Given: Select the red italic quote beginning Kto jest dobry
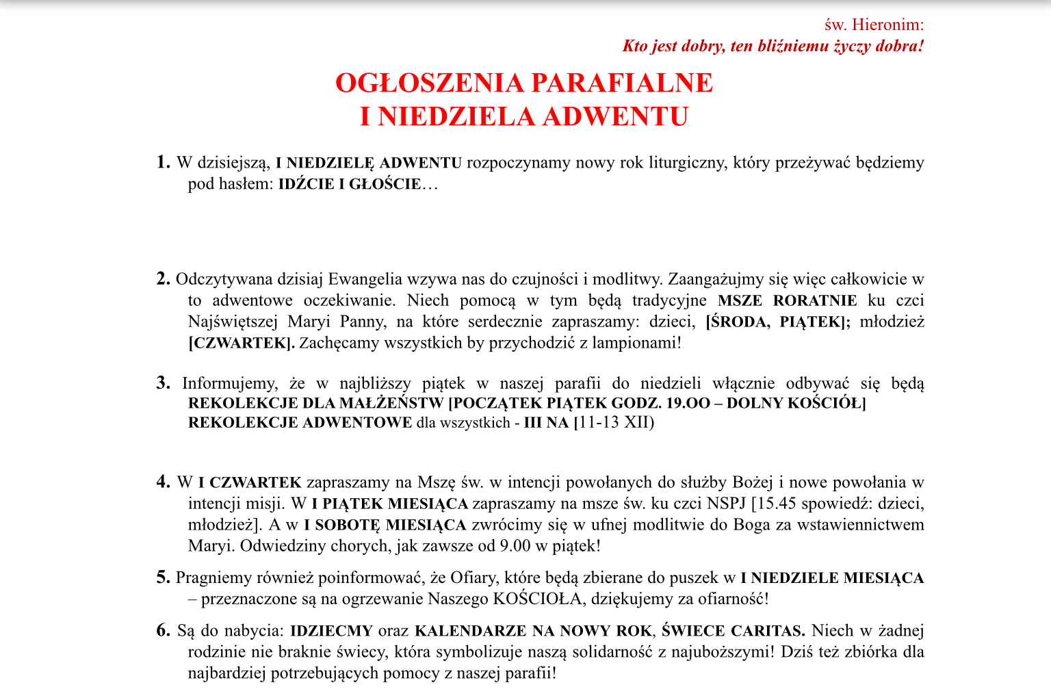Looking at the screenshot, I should (x=773, y=47).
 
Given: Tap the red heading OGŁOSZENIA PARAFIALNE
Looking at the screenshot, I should (x=524, y=83).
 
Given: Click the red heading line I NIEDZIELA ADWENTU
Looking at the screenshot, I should (x=524, y=116).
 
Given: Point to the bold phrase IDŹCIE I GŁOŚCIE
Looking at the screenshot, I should (x=349, y=184).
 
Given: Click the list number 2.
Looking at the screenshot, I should (x=163, y=278).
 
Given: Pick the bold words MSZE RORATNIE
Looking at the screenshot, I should (x=787, y=300).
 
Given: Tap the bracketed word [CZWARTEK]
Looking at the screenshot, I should (x=242, y=343).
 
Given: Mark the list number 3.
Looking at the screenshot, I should (x=163, y=383).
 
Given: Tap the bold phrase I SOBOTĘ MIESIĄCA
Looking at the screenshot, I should (x=385, y=526).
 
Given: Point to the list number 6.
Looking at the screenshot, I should (x=163, y=630).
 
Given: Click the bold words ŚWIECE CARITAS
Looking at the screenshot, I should (x=733, y=631).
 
